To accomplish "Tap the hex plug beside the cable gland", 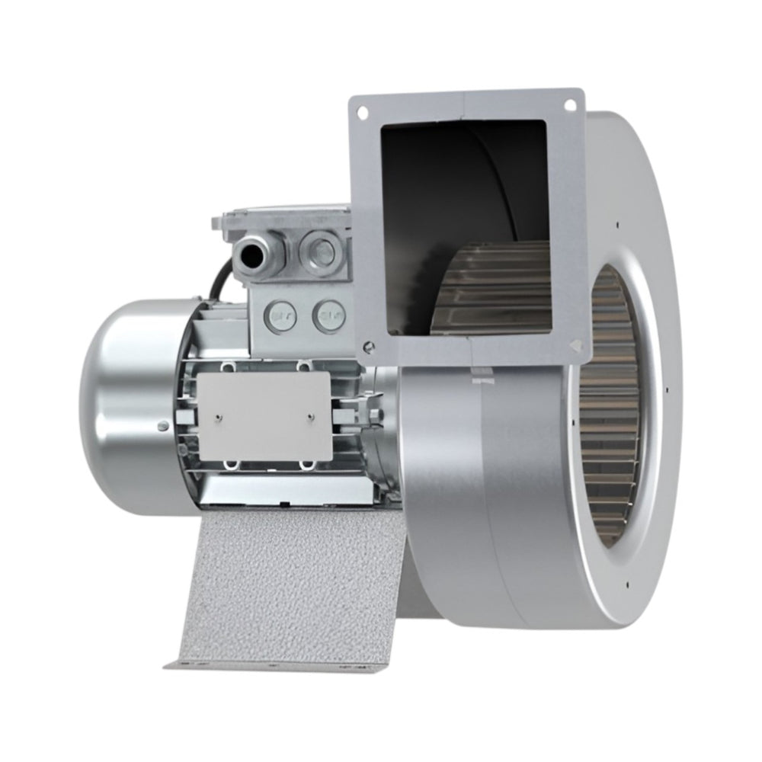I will tap(316, 248).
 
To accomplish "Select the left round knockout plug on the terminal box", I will tap(282, 315).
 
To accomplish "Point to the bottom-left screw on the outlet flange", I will tap(369, 347).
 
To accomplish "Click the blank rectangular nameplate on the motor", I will tap(264, 416).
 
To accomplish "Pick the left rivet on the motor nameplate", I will tap(219, 416).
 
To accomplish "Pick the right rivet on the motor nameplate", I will tap(311, 416).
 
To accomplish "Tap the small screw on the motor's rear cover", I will tap(163, 425).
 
